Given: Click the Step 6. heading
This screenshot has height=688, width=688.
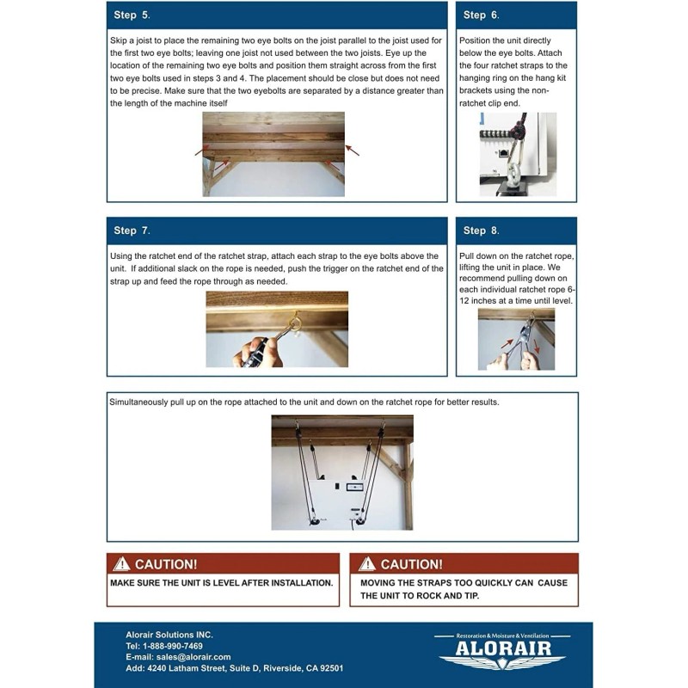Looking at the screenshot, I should [481, 15].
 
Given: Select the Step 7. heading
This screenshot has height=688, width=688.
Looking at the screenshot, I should [132, 230].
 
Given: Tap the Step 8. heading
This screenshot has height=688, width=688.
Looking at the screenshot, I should [481, 230].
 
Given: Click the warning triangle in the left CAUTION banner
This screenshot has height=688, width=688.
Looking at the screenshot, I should [122, 564].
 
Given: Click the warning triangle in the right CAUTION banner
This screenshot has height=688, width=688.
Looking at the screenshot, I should [367, 564].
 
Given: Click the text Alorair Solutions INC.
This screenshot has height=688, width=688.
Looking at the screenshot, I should [169, 635].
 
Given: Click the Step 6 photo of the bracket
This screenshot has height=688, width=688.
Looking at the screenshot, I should [517, 154].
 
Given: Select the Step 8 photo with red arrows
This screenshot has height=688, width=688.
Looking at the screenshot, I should [516, 340].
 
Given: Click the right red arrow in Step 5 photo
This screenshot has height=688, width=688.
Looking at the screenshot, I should [352, 150].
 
